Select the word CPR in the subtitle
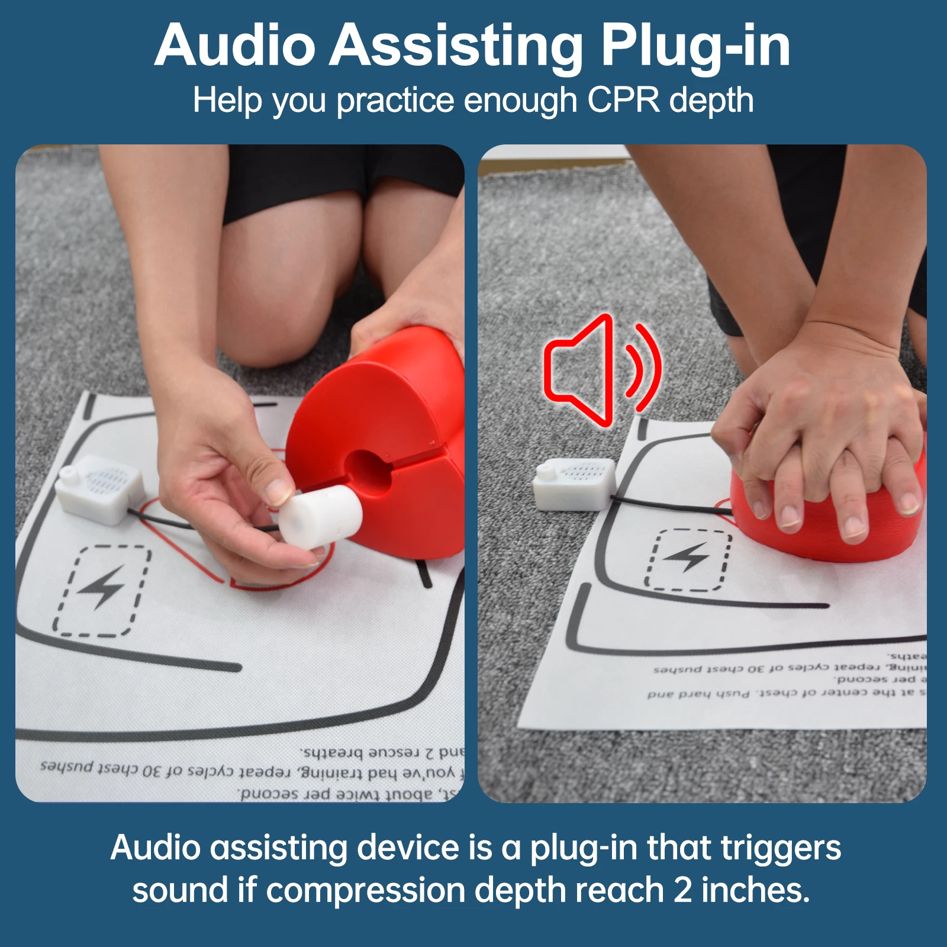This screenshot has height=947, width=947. (623, 101)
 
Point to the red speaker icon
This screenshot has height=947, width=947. (598, 370)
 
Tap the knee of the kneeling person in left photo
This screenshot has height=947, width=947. (278, 331)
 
